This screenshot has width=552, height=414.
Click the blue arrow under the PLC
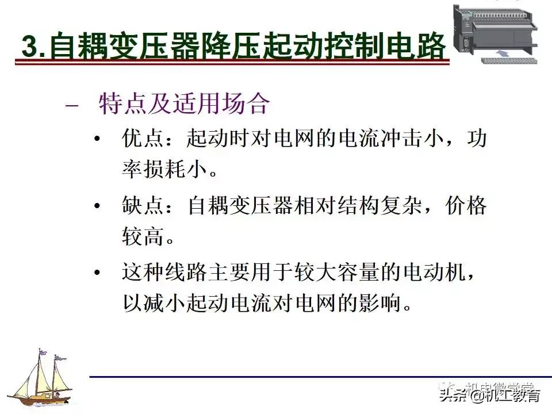tap(501, 53)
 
